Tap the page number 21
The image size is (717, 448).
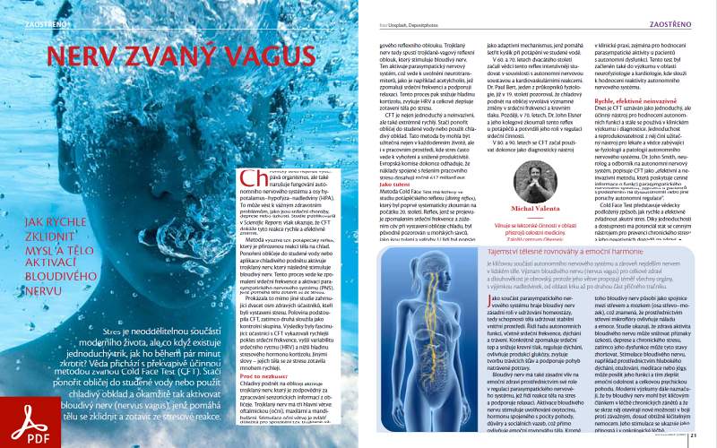tap(693, 436)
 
